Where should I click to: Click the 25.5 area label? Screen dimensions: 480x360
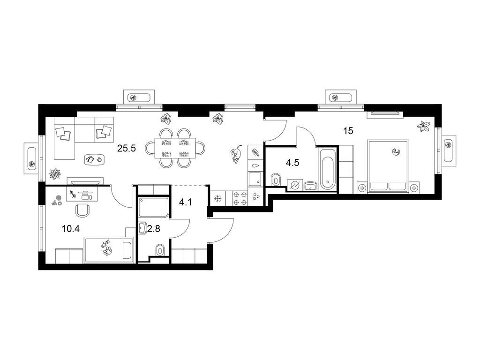pyautogui.click(x=127, y=149)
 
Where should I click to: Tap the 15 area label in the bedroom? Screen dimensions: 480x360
pyautogui.click(x=348, y=131)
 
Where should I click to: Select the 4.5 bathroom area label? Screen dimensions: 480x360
pyautogui.click(x=292, y=163)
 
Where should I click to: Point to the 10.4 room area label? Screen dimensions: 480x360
pyautogui.click(x=71, y=228)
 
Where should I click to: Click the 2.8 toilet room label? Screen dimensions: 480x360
pyautogui.click(x=154, y=229)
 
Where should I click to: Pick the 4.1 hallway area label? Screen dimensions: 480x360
pyautogui.click(x=186, y=202)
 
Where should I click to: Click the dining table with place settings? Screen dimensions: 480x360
pyautogui.click(x=175, y=148)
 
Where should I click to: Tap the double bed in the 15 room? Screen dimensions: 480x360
pyautogui.click(x=389, y=166)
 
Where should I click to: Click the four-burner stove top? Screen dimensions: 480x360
pyautogui.click(x=240, y=198)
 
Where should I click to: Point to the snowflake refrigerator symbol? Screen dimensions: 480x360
pyautogui.click(x=217, y=199)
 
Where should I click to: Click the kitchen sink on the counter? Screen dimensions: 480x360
pyautogui.click(x=255, y=179)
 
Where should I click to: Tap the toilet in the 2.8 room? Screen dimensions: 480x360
pyautogui.click(x=159, y=250)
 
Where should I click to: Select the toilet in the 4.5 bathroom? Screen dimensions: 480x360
pyautogui.click(x=276, y=180)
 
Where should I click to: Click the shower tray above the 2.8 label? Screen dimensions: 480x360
pyautogui.click(x=154, y=208)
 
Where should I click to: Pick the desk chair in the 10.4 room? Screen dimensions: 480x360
pyautogui.click(x=82, y=210)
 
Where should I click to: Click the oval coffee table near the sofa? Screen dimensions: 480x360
pyautogui.click(x=95, y=159)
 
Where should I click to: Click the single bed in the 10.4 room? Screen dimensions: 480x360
pyautogui.click(x=109, y=249)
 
